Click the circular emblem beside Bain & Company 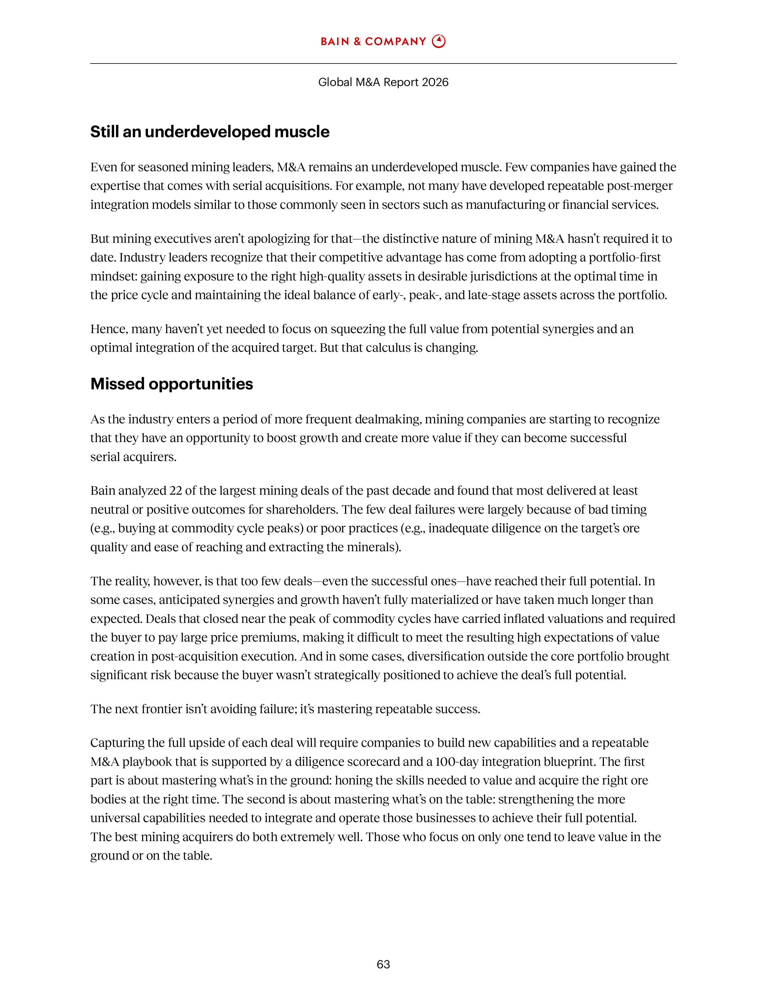pos(439,42)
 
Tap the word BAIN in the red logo pos(334,42)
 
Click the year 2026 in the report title pos(435,82)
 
